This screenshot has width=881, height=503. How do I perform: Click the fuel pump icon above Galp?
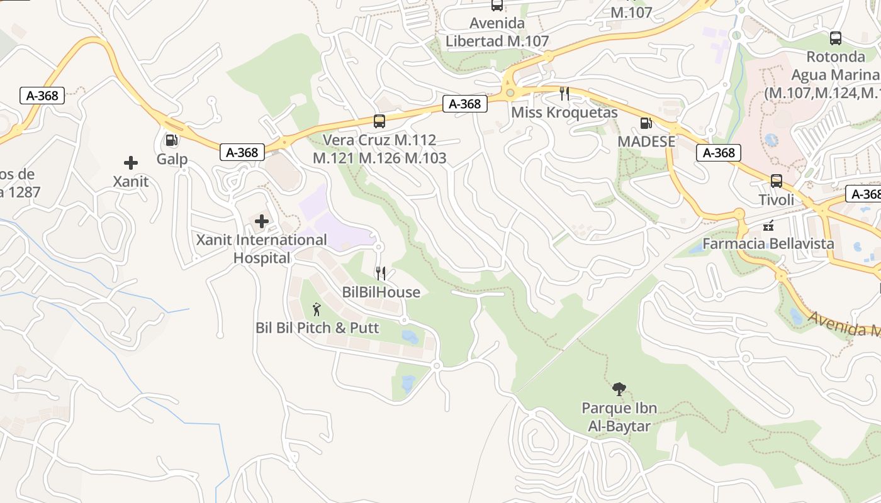[171, 140]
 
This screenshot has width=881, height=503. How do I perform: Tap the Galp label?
[172, 158]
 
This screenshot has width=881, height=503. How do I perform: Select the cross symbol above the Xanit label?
[131, 163]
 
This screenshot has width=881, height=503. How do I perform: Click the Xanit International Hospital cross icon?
[262, 221]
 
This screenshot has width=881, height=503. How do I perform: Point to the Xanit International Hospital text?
[262, 249]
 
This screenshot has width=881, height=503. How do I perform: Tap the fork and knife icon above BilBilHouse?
[380, 273]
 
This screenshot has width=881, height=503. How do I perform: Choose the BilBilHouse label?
[381, 292]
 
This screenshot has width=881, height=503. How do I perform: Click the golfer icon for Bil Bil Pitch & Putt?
[317, 309]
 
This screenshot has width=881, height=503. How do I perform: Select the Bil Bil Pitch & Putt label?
[317, 328]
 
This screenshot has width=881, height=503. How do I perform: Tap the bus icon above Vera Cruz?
[379, 121]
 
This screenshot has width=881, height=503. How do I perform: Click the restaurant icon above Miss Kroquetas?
[564, 94]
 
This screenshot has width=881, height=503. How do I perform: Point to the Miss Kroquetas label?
[564, 113]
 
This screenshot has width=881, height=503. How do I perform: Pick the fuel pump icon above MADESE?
[646, 123]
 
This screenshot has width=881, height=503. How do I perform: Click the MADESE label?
[646, 141]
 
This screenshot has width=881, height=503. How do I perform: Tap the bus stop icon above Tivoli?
[777, 181]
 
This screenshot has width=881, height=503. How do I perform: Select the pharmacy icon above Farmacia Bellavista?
[768, 225]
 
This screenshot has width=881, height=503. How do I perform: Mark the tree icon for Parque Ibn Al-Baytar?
[619, 389]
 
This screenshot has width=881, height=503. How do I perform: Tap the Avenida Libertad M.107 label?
[497, 32]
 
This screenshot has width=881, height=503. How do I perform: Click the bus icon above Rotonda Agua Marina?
[836, 38]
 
